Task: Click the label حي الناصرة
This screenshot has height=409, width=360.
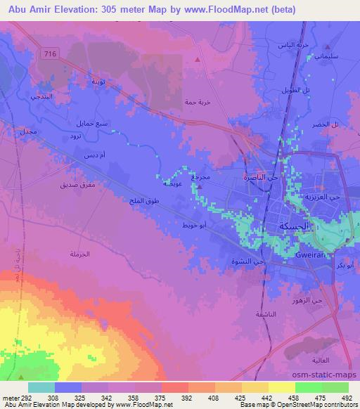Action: point(258,178)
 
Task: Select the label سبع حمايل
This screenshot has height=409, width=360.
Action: point(93,124)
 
